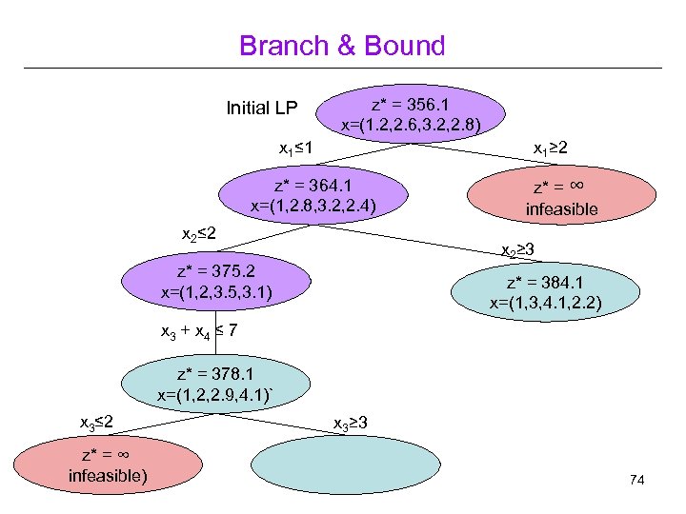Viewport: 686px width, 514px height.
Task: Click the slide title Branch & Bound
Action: click(342, 45)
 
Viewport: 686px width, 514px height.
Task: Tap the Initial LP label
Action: click(262, 107)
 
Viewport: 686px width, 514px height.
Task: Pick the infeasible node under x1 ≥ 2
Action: click(561, 198)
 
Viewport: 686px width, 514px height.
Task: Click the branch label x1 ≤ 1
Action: click(297, 148)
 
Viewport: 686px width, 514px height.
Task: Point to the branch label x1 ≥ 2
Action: click(552, 149)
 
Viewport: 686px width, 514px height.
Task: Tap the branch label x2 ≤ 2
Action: click(200, 233)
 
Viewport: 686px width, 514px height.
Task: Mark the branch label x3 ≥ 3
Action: click(351, 422)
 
